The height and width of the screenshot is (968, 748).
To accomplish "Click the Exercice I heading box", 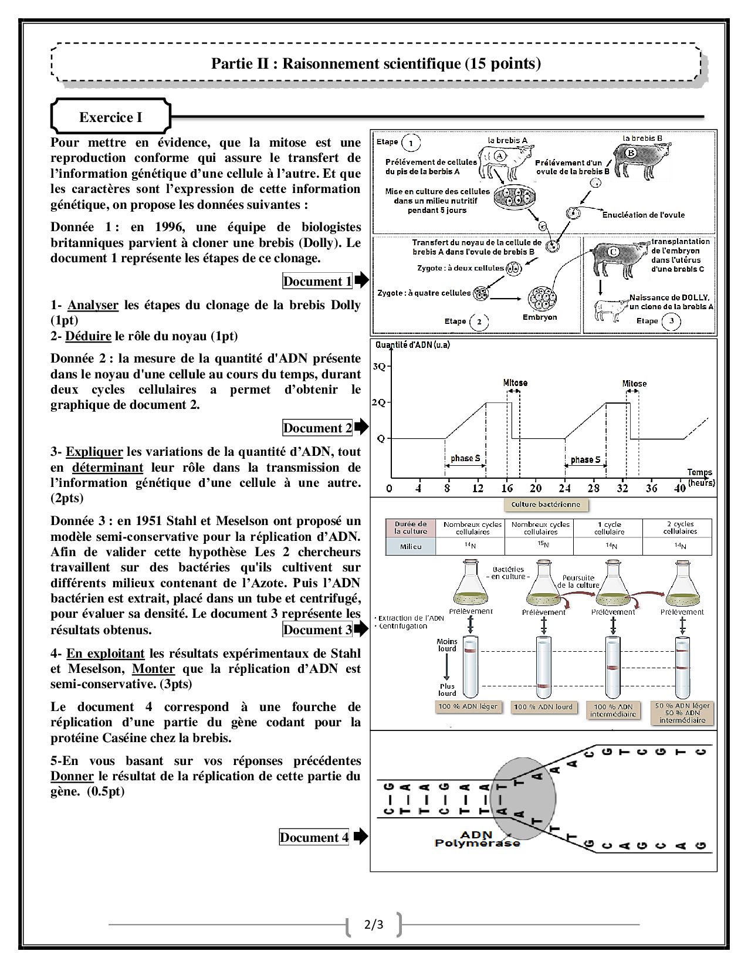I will [111, 117].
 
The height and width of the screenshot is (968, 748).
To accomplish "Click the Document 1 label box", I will [317, 281].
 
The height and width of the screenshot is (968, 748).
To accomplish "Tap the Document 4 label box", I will [314, 837].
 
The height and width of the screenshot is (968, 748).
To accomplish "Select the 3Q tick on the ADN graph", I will [380, 367].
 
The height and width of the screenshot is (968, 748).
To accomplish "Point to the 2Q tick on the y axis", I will [380, 402].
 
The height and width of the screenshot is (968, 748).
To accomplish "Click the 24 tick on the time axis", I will [564, 488].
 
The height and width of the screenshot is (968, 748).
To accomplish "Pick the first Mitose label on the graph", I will [515, 383].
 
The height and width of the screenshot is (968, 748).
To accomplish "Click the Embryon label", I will [539, 317].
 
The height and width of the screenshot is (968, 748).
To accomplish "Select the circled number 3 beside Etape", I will [671, 321].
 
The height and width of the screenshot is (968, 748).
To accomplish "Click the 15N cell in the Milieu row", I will [543, 545].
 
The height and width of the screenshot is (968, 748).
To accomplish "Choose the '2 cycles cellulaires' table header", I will [679, 527].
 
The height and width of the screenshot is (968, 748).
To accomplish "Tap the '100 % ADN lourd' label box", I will [543, 707].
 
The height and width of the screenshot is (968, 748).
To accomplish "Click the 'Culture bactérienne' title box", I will [546, 505].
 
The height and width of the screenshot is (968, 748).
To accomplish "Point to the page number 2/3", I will [374, 925].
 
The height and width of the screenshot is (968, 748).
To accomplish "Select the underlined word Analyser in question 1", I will [93, 305].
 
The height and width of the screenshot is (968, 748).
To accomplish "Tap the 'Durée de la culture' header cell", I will [411, 527].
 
